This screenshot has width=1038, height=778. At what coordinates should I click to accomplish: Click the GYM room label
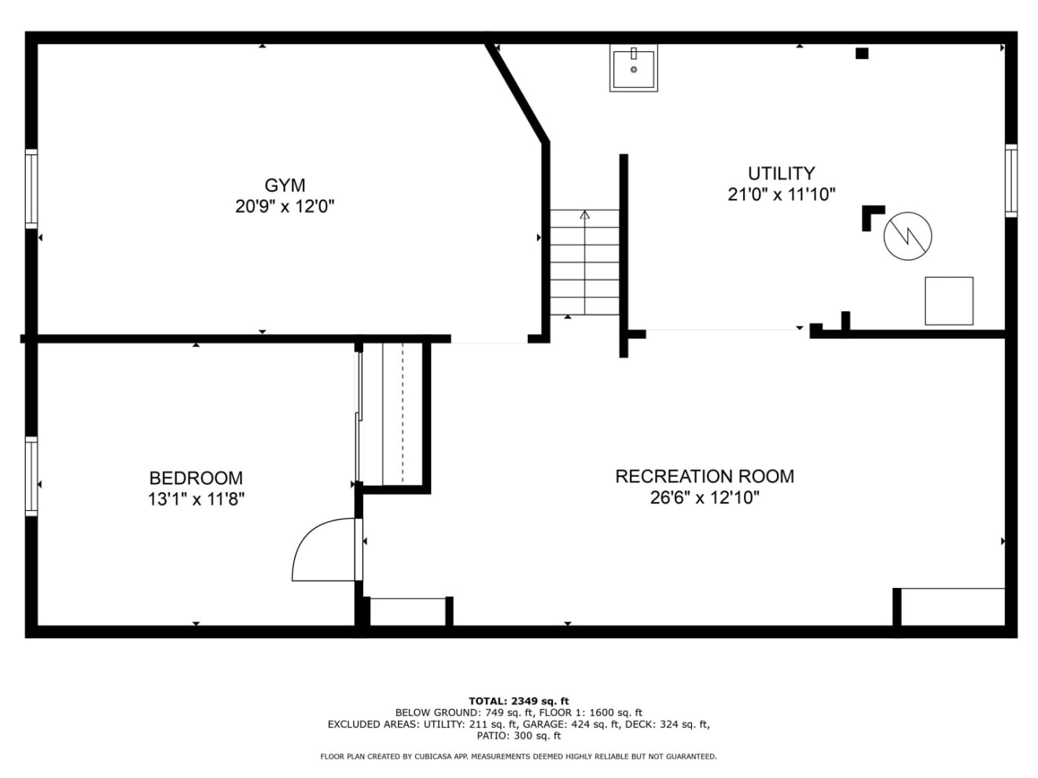pos(285,185)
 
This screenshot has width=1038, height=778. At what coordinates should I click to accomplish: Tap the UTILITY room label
pos(781,174)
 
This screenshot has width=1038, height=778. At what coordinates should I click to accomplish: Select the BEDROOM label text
pos(196,478)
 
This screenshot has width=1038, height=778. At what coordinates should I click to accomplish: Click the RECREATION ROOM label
pos(705,476)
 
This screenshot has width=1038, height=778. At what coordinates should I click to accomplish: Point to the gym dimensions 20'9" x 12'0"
pos(285,207)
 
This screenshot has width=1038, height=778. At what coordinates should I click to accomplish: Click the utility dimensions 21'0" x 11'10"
pos(781,194)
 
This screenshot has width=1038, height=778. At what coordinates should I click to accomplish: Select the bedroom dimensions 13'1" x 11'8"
pos(196,499)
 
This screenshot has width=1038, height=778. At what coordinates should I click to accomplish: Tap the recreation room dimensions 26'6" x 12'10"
pos(705,497)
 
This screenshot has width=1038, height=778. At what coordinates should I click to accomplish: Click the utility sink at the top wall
pos(633,68)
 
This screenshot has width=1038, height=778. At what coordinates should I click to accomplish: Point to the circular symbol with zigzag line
pos(907,236)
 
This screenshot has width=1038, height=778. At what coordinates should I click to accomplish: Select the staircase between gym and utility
pos(584,262)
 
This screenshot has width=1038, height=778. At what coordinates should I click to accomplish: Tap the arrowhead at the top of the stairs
pos(585,215)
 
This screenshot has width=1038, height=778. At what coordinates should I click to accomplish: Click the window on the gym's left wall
pos(31,189)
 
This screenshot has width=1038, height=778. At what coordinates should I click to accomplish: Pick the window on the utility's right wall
pos(1011,181)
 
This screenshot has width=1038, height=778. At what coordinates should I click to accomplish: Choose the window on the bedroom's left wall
pos(31,476)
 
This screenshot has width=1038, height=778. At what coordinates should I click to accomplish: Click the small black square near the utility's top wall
pos(862,53)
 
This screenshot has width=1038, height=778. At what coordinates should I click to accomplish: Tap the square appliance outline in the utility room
pos(949,301)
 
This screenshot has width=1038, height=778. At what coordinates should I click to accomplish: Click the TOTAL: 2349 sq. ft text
pos(519,701)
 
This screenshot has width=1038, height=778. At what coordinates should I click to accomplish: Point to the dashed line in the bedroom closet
pos(403,413)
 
